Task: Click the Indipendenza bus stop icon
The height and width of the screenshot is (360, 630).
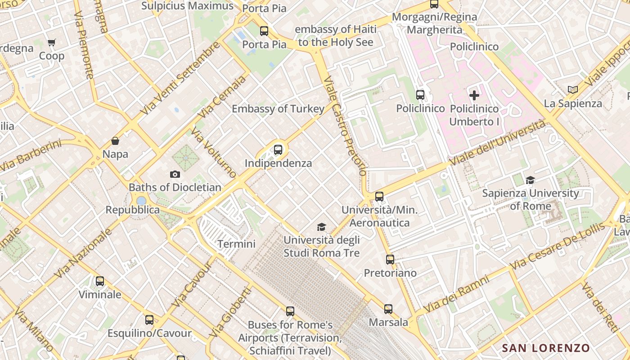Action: (278, 150)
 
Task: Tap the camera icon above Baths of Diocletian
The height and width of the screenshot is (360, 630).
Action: (175, 174)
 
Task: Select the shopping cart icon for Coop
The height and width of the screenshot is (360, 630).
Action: (52, 43)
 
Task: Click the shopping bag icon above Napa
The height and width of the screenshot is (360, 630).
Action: (115, 141)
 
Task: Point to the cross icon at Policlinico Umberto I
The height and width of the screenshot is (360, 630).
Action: (474, 95)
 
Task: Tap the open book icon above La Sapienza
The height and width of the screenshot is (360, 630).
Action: (573, 90)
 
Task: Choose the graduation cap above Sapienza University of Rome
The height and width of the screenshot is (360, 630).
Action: (530, 180)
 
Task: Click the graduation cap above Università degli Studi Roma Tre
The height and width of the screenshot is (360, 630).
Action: (321, 227)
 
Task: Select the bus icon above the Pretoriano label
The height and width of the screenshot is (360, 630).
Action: (390, 260)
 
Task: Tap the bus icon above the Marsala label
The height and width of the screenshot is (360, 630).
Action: (388, 309)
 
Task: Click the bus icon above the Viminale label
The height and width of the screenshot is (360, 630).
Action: (100, 281)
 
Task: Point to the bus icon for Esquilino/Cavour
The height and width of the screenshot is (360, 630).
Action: (149, 320)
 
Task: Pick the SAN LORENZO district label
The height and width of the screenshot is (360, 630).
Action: (546, 348)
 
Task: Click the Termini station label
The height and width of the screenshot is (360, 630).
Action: (236, 244)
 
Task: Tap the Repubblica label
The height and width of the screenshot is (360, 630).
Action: (132, 210)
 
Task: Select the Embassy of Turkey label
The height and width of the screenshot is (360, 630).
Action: (278, 109)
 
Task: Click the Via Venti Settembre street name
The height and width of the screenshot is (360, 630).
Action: (180, 77)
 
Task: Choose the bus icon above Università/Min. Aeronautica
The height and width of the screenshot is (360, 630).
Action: (379, 197)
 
